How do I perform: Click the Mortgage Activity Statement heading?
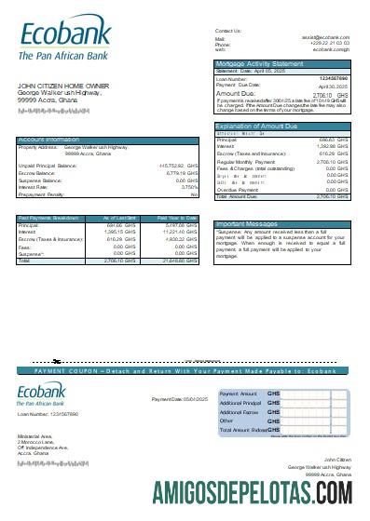click(x=259, y=63)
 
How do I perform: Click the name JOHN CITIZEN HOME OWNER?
click(x=62, y=86)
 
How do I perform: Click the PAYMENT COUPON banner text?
click(x=185, y=370)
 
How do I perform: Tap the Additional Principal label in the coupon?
click(x=240, y=403)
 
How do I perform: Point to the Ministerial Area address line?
click(x=34, y=435)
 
